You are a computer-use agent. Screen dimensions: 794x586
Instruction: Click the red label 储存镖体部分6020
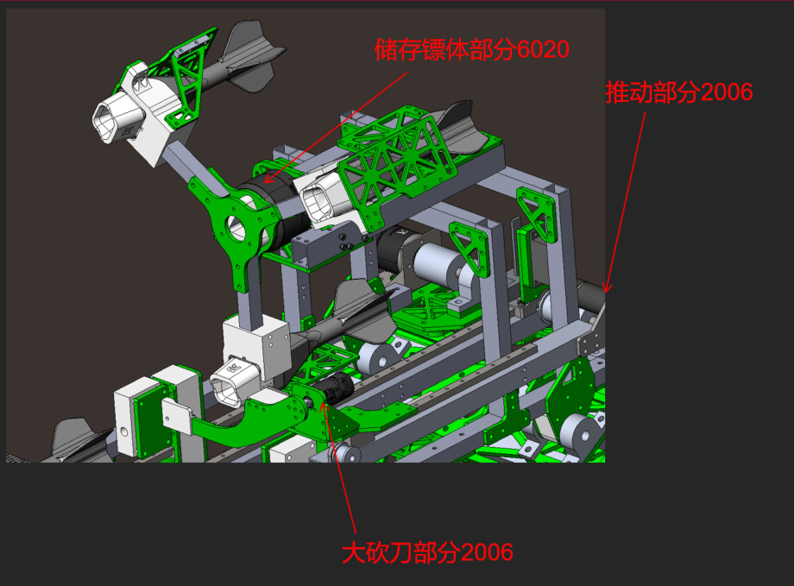click(x=472, y=50)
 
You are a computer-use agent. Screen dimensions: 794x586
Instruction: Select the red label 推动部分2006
click(x=679, y=92)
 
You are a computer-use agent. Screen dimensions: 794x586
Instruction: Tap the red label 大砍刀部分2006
click(x=427, y=552)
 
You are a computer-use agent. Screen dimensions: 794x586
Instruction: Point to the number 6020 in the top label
click(x=544, y=50)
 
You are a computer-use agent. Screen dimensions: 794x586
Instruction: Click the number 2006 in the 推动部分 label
click(x=728, y=92)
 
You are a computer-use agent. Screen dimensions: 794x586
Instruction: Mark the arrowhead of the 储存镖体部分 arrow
click(x=268, y=179)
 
